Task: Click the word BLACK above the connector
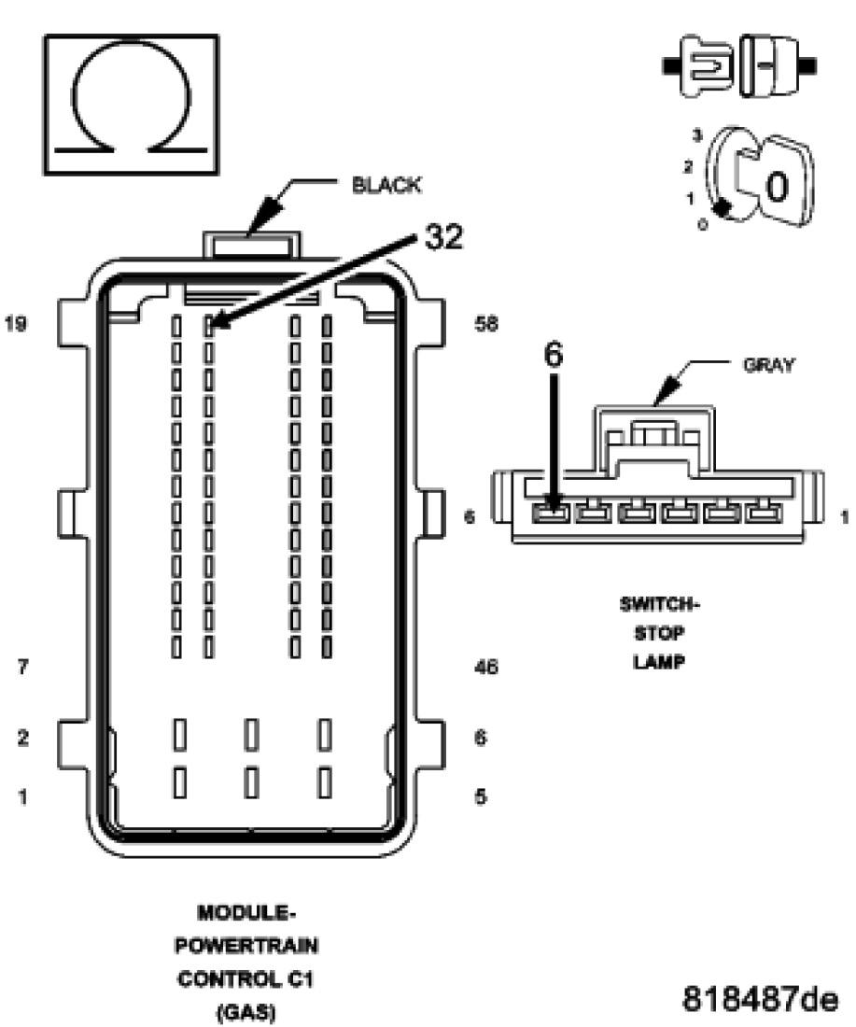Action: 386,186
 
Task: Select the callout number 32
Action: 442,238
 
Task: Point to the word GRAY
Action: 768,365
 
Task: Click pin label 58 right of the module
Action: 485,324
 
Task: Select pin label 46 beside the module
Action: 485,667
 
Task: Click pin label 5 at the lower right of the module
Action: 480,797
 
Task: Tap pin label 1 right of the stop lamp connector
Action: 843,515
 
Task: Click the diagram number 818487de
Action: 760,1000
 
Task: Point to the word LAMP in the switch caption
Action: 660,663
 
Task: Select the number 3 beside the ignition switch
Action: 695,135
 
